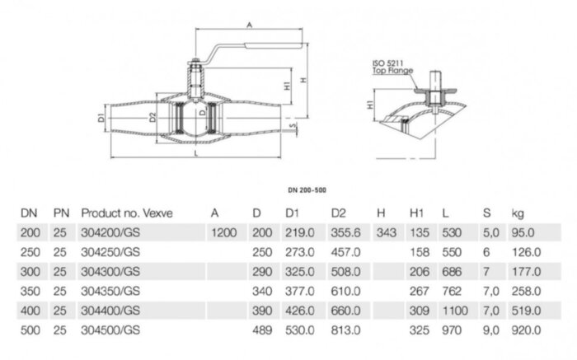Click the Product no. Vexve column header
point(126,213)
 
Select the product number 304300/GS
point(110,271)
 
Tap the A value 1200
point(223,233)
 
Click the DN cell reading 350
point(29,291)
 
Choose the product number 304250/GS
point(110,252)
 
